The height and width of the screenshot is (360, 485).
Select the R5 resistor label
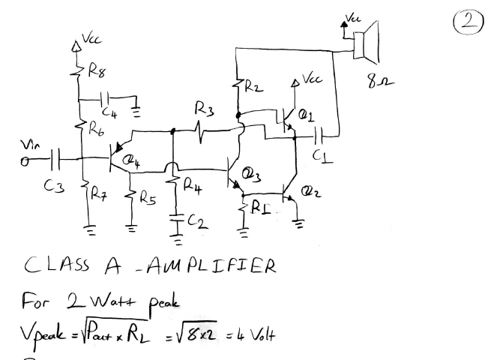tap(148, 199)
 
